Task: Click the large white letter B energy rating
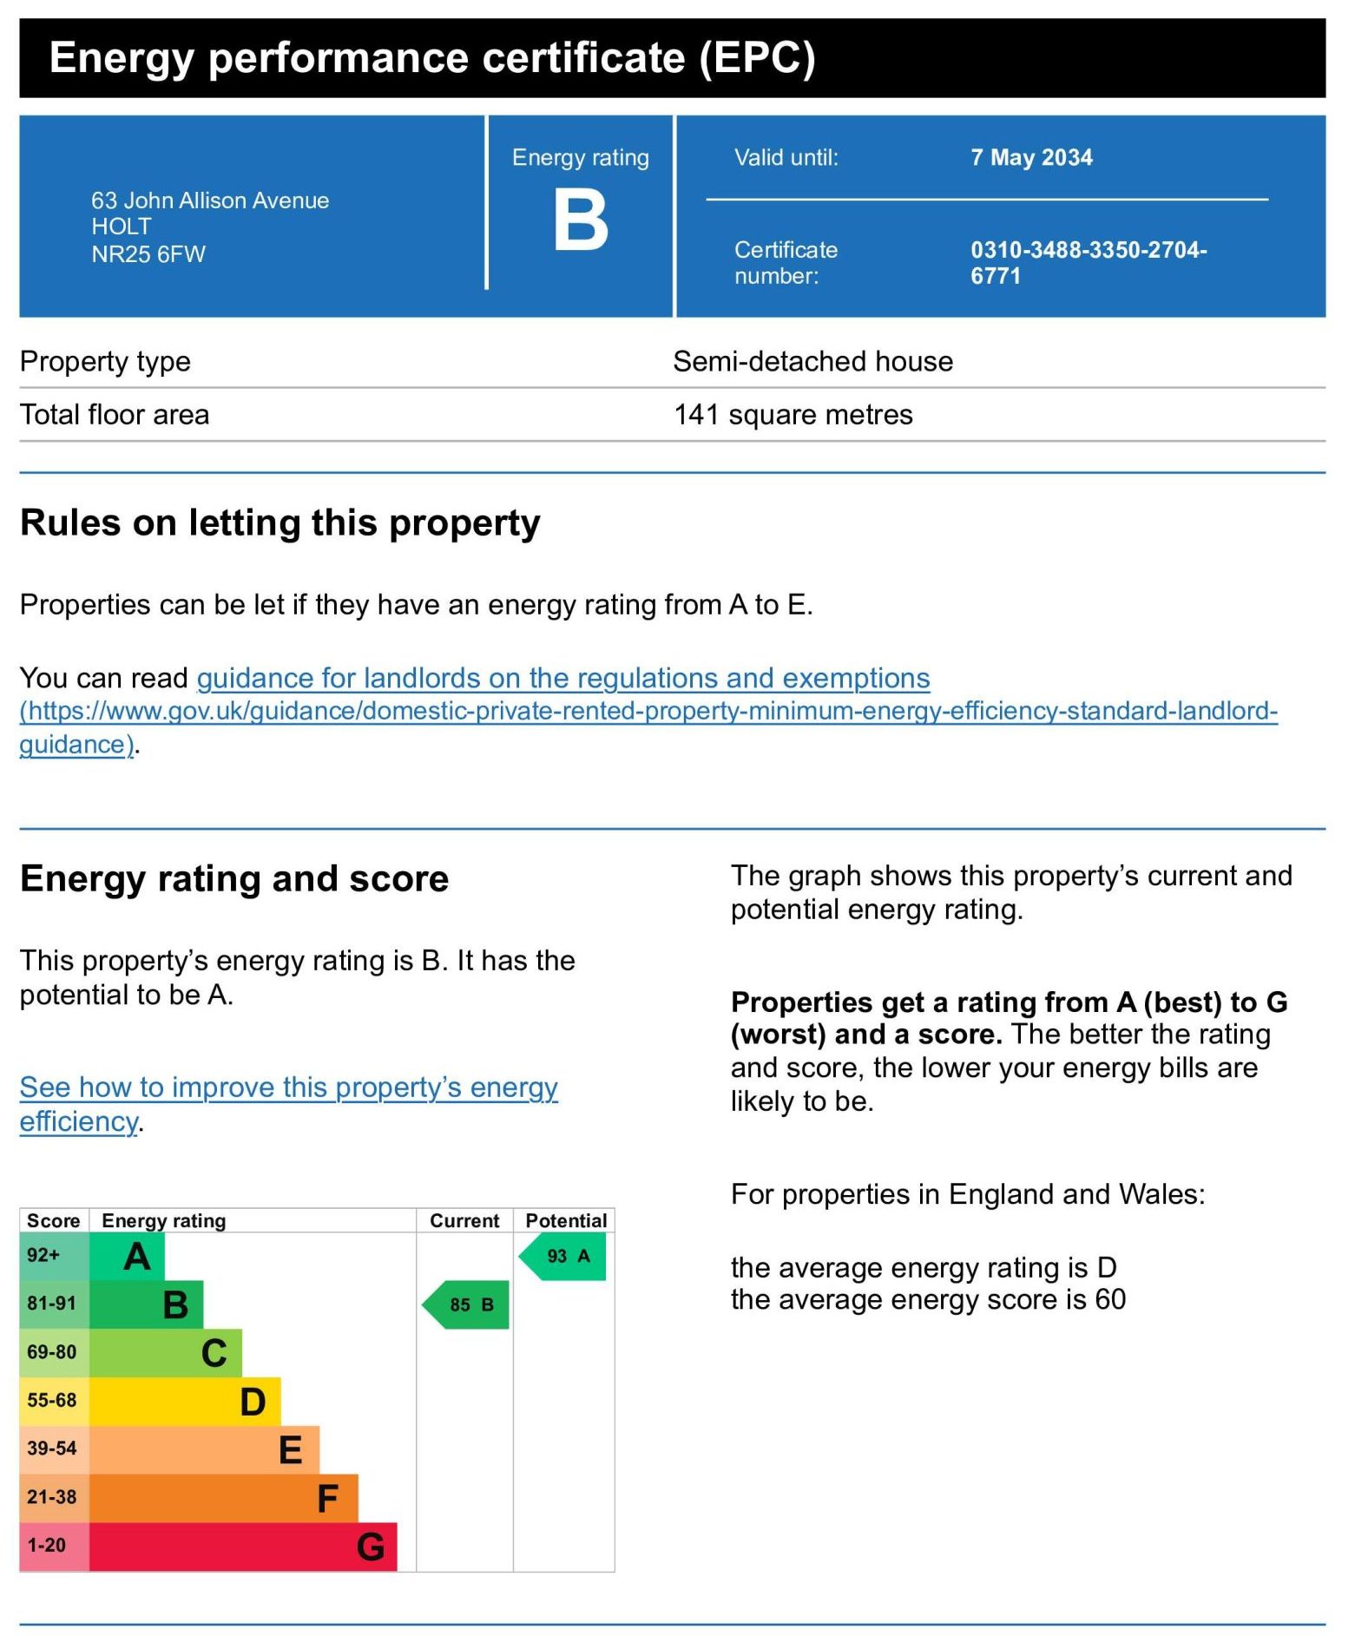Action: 581,221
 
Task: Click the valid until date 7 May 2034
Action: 1031,158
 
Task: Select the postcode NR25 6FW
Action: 148,254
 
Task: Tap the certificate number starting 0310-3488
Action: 1088,262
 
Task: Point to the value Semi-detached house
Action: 812,361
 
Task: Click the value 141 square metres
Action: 793,415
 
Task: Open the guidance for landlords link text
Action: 563,678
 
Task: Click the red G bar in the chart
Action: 243,1547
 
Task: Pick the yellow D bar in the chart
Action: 185,1401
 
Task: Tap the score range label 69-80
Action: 52,1352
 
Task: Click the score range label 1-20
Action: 47,1546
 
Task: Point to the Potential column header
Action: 566,1220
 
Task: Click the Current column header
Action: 464,1220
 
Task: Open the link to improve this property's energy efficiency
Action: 288,1088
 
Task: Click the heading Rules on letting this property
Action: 280,523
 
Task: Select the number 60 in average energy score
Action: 1110,1299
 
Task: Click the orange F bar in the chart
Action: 223,1498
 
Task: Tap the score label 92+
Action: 43,1255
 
